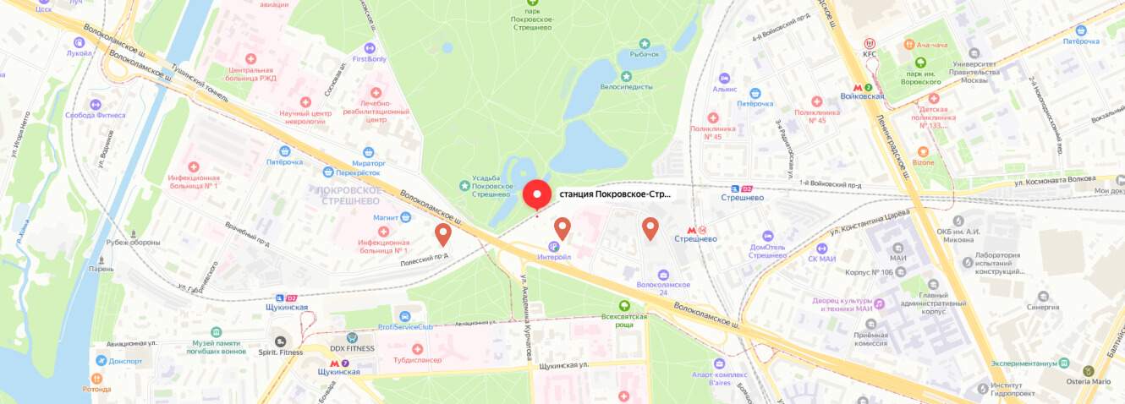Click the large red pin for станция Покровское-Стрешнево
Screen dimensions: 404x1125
536,194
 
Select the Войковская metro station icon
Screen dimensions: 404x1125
858,86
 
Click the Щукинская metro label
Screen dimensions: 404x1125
338,372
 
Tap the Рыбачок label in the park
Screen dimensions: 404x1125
644,54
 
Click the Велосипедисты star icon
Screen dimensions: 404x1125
627,76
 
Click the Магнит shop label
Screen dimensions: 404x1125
385,217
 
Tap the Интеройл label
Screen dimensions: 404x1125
554,256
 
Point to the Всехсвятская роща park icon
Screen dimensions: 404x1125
624,306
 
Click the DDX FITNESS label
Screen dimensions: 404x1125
352,348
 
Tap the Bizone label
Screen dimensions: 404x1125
923,162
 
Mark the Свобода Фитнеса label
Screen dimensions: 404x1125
96,115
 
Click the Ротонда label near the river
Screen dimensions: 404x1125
96,389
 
